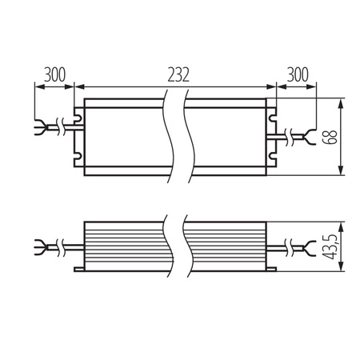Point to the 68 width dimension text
[330, 136]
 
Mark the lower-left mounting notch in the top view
[79, 158]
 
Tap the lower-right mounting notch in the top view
[273, 158]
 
